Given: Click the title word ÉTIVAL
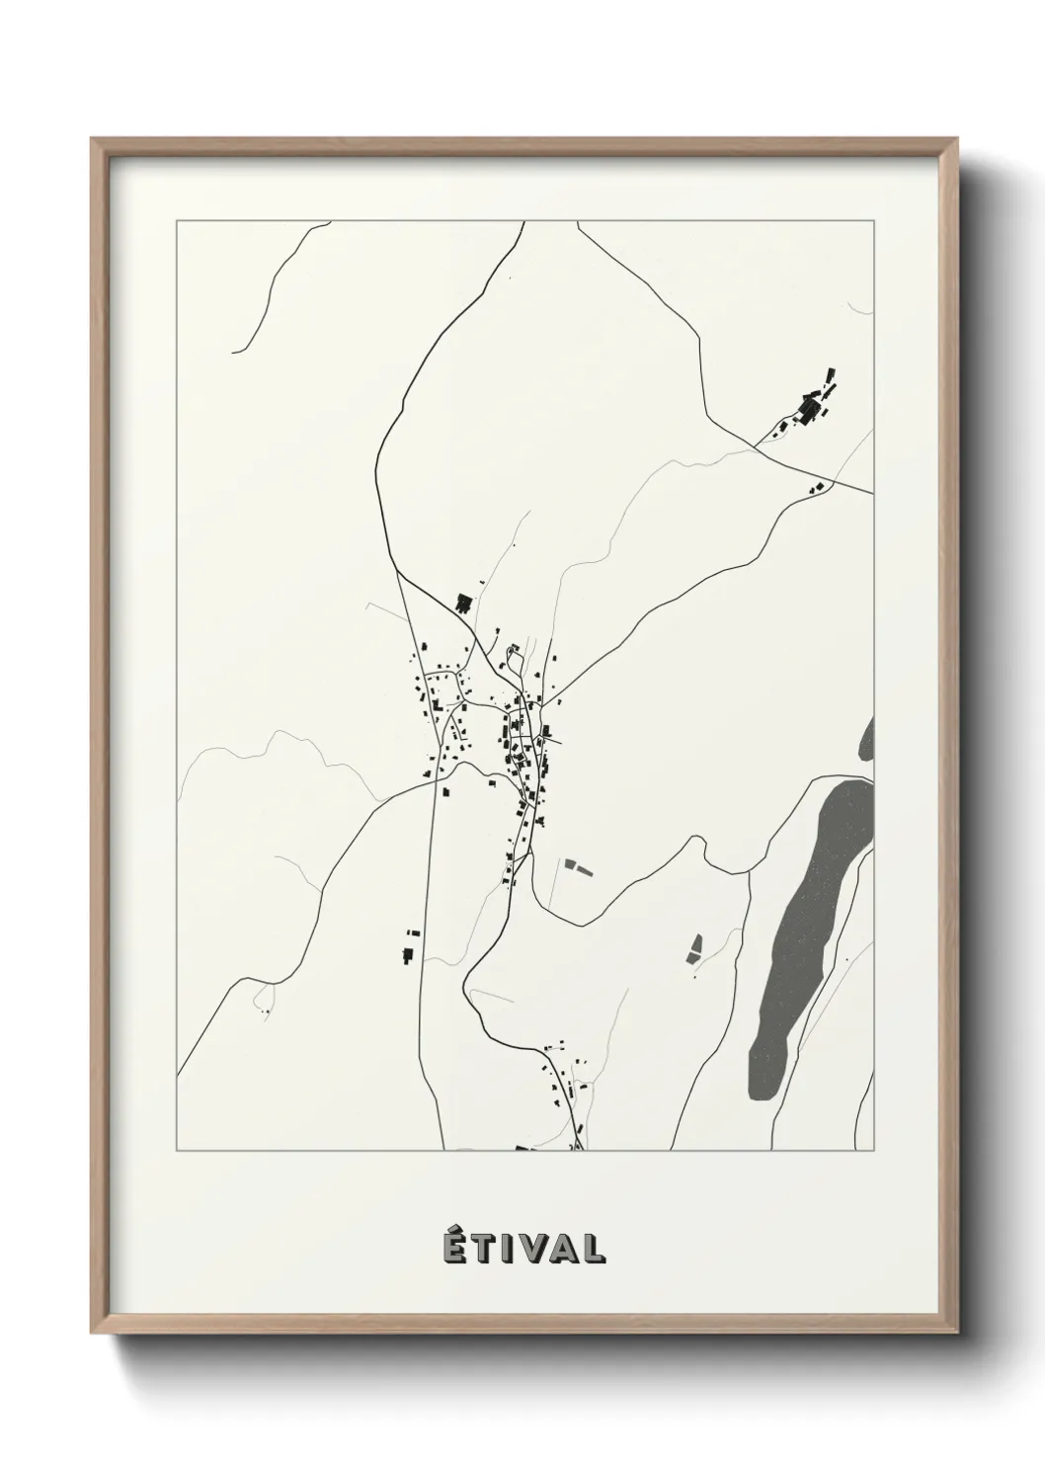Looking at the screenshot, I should tap(522, 1247).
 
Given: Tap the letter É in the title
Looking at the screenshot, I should tap(450, 1247).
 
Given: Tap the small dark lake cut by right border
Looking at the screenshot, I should tap(867, 739).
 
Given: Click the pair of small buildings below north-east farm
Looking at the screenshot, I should tap(816, 487).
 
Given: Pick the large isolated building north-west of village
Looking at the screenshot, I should tap(463, 602).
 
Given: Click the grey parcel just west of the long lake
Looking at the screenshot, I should tap(695, 948).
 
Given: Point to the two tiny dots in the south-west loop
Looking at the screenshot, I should tap(265, 1012).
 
